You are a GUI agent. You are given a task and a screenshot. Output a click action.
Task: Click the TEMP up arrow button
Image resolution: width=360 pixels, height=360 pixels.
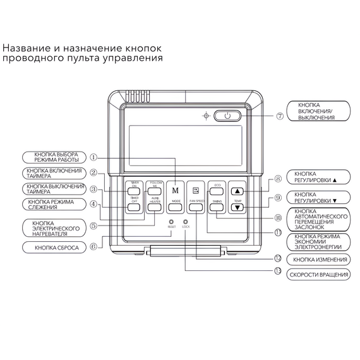237,189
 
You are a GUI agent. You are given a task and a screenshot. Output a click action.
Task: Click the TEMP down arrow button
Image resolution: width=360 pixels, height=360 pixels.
237,207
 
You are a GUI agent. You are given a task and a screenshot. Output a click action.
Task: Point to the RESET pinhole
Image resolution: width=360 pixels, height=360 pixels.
171,222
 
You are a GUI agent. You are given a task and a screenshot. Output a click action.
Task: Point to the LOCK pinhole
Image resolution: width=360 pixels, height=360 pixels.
186,222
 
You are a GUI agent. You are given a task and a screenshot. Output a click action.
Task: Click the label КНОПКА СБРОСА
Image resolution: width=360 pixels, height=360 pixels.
57,248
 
